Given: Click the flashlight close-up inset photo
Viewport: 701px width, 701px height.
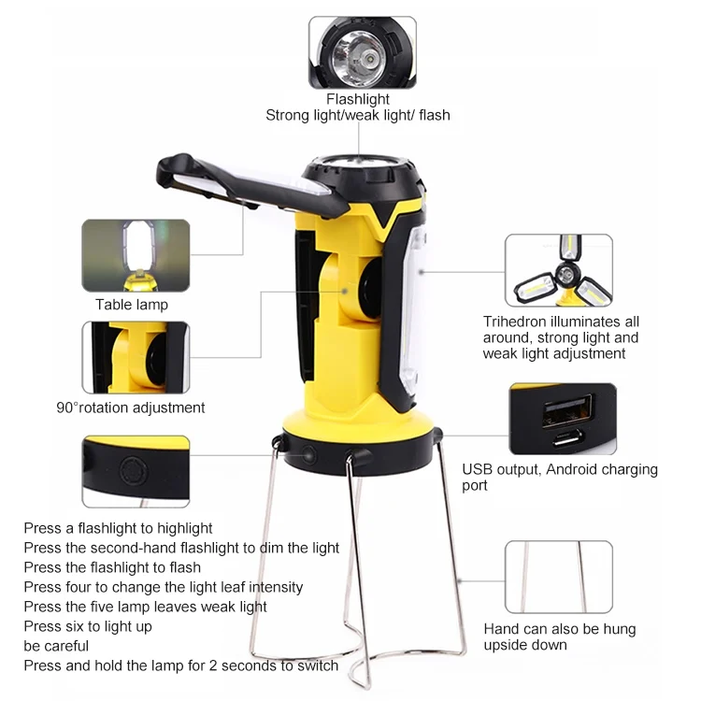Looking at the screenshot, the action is pos(362,52).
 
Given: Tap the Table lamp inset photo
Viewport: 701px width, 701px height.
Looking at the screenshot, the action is pos(136,256).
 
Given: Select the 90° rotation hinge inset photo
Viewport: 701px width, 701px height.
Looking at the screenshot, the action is pos(136,357).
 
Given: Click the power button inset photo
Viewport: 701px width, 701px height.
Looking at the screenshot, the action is pos(136,472).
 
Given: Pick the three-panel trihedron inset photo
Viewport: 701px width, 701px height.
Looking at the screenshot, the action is pos(558,270).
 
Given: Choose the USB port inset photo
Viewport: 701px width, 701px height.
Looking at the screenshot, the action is pos(563,419).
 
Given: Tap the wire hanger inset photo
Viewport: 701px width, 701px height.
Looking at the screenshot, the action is pos(558,577).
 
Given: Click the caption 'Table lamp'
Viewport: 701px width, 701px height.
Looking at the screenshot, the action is pos(132,305).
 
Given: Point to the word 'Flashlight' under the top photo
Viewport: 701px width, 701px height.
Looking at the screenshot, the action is pos(358,99).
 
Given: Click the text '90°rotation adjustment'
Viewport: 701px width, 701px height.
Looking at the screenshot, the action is pos(131,408).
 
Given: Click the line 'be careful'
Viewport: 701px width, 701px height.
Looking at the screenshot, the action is pos(56,646).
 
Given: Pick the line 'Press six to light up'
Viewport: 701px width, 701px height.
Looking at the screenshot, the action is pos(88,627).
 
